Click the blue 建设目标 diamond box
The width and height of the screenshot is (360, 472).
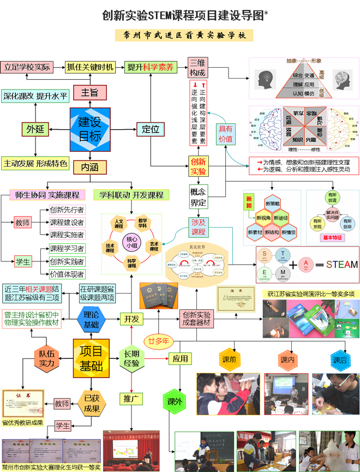[89, 129]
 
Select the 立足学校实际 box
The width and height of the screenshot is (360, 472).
[27, 67]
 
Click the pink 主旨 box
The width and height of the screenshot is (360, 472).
[89, 92]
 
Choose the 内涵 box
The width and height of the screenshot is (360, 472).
[89, 167]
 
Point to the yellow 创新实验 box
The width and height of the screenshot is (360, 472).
[198, 166]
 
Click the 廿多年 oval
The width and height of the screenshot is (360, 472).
[158, 341]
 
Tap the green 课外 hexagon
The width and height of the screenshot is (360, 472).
[174, 402]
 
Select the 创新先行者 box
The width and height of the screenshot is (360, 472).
[67, 210]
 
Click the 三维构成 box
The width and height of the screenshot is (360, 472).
[198, 67]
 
